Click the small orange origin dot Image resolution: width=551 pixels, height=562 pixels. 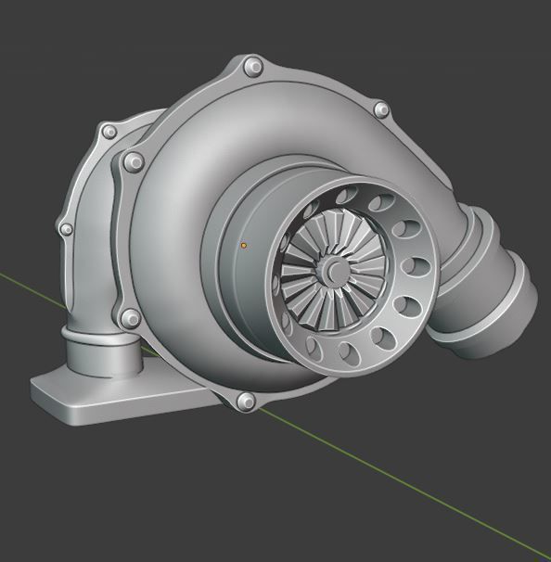244,245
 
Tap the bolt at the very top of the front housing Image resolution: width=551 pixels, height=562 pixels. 252,67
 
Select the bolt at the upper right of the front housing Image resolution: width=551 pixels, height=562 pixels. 380,109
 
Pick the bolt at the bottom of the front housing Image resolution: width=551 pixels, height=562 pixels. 246,401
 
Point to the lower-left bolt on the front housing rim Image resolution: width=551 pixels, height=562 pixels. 131,319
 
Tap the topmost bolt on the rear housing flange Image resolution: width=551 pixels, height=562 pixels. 109,133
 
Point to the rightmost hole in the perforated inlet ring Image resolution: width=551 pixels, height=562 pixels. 418,269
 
